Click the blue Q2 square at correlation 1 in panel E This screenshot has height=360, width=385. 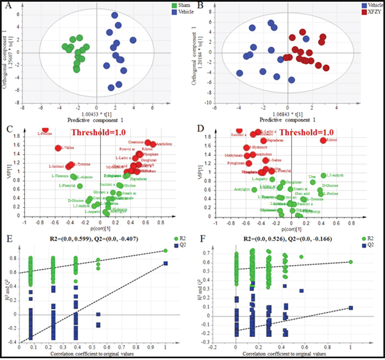point(166,263)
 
